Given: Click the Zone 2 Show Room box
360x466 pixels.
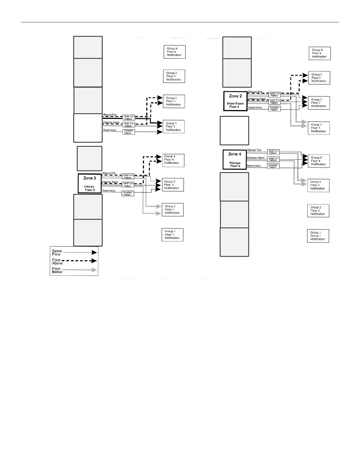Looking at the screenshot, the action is coord(235,101).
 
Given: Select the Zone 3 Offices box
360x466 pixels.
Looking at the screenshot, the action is coord(89,183).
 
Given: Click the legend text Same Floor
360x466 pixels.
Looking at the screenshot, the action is coord(57,253).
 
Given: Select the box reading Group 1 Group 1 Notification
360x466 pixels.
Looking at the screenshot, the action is coord(318,236).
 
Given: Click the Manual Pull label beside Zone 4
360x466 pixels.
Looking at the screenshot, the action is coord(254,150).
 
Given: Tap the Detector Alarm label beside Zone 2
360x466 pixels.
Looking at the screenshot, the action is coord(257,99).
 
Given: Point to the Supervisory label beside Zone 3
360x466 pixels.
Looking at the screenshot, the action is coord(109,191).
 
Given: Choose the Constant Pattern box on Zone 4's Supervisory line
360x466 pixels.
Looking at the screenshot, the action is coord(273,166).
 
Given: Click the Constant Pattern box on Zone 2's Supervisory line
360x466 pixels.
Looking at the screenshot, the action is coord(274,109).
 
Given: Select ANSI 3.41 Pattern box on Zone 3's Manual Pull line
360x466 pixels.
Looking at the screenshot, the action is coord(128,177).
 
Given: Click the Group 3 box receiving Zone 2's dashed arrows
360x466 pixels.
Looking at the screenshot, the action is coord(319,78).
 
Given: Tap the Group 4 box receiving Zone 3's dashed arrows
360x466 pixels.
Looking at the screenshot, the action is coord(173,160).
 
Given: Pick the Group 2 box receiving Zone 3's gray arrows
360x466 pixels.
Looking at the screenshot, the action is coord(173,210).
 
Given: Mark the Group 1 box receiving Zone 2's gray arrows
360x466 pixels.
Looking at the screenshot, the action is coord(319,128).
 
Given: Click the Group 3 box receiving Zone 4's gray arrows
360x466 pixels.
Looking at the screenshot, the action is coord(318,185).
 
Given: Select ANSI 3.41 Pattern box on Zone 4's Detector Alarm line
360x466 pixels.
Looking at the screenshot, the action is coord(273,159).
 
